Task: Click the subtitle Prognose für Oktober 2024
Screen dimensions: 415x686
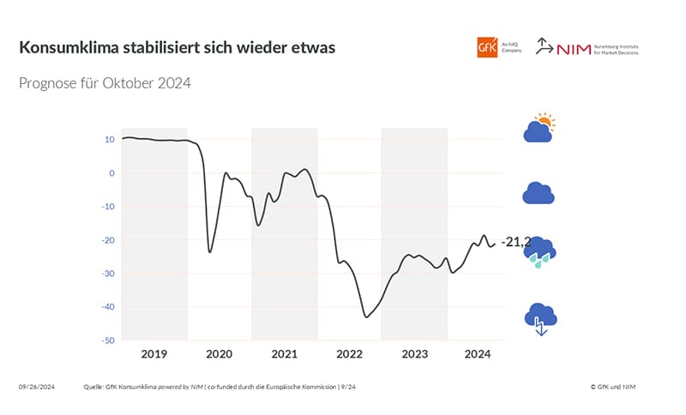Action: pos(104,84)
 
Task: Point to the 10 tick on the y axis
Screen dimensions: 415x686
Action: pos(110,140)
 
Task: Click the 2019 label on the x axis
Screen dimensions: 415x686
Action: pos(154,354)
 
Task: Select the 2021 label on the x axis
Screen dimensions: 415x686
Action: pos(284,354)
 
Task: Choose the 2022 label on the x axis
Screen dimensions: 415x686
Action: pos(349,354)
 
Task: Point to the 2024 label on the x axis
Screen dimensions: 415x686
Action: pos(478,354)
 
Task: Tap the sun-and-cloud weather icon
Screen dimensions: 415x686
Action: pos(539,129)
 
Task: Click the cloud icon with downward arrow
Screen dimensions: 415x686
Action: pos(540,318)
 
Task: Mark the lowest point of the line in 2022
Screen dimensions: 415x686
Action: pos(366,317)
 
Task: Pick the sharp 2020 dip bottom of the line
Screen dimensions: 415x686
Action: pos(210,252)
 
